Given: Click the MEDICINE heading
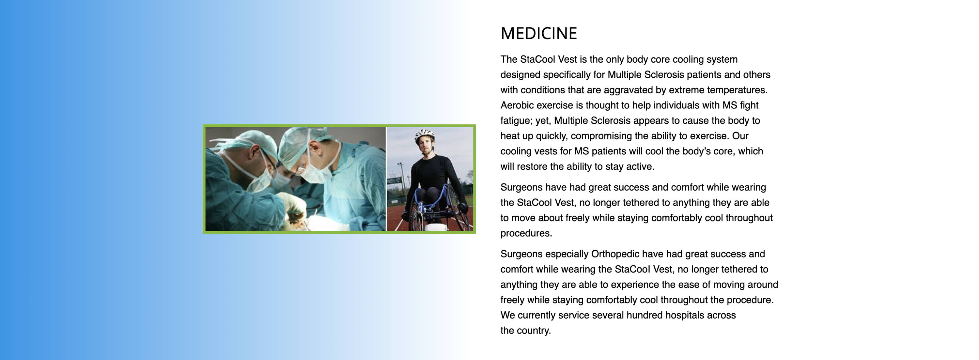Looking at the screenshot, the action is [538, 33].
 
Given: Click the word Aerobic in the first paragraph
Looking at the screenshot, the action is [518, 105].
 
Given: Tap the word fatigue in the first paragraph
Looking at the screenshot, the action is [517, 121].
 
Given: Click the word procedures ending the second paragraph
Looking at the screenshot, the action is [526, 233].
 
